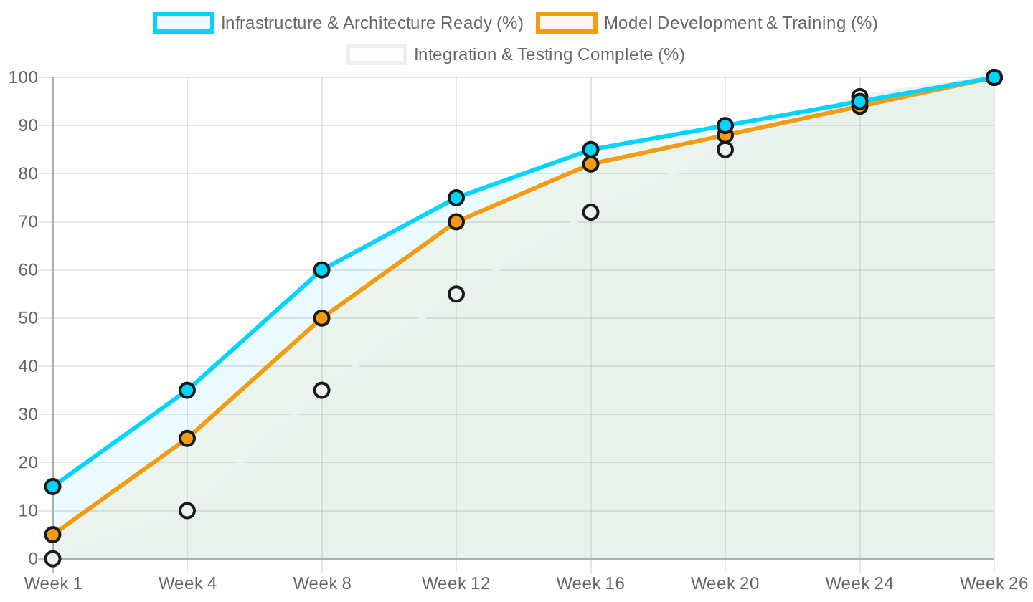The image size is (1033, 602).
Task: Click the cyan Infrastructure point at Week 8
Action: click(321, 270)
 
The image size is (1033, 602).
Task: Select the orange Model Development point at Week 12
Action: click(456, 222)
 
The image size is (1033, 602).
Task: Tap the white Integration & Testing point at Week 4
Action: click(187, 511)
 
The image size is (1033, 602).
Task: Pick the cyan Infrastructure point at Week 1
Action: click(52, 487)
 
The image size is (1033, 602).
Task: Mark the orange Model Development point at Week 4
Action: click(187, 439)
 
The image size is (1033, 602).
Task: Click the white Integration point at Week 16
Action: click(590, 212)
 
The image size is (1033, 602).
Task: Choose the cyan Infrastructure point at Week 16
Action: click(590, 150)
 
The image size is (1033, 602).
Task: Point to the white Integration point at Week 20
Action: click(725, 150)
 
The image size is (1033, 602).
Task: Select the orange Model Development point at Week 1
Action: click(52, 535)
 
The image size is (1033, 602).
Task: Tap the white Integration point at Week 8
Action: click(321, 391)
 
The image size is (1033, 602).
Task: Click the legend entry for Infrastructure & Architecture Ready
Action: click(372, 23)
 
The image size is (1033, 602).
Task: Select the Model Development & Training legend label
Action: click(740, 23)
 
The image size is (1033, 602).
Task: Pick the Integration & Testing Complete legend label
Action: click(549, 54)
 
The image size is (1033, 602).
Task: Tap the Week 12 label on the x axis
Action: click(456, 583)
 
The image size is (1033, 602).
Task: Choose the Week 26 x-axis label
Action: click(994, 583)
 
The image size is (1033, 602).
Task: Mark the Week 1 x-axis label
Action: click(53, 583)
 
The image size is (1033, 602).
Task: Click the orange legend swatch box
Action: click(567, 23)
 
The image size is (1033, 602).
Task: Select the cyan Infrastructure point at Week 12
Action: click(456, 198)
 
